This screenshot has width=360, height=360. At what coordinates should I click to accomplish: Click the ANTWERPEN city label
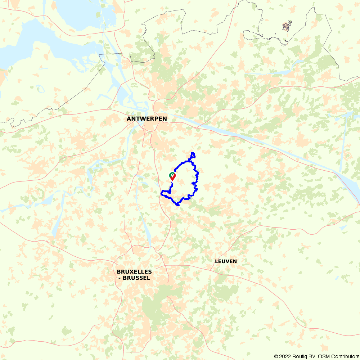click(x=147, y=118)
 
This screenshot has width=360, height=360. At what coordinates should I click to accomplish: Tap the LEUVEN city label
click(x=226, y=261)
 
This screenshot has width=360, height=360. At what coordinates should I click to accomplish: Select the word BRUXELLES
click(x=134, y=272)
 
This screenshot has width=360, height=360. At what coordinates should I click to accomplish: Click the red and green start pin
click(x=172, y=176)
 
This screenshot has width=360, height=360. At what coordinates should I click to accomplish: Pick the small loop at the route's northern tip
click(x=193, y=155)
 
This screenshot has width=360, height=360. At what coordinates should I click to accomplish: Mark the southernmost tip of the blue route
click(x=177, y=205)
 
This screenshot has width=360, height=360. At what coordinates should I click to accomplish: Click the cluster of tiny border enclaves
click(x=287, y=27)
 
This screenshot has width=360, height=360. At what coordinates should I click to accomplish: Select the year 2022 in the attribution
click(x=286, y=356)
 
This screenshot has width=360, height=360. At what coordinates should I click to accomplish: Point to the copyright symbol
click(x=276, y=356)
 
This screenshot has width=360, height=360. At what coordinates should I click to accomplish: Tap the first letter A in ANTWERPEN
click(x=129, y=118)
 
